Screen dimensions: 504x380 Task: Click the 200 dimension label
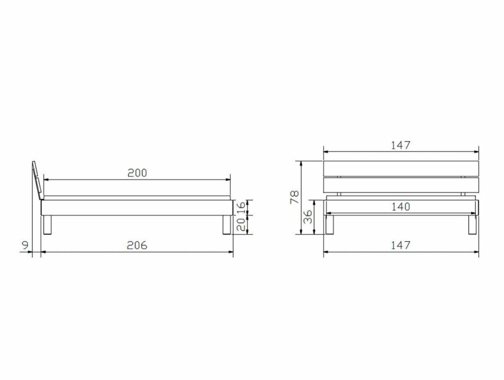[137, 173]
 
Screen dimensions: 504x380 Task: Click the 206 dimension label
[137, 245]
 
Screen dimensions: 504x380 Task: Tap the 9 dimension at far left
[25, 245]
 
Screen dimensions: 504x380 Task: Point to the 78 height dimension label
[295, 197]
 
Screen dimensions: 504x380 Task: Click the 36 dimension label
[308, 217]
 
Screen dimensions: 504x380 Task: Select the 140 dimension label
[401, 206]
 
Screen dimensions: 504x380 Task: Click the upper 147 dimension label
[401, 145]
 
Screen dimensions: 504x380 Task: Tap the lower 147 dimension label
[401, 245]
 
